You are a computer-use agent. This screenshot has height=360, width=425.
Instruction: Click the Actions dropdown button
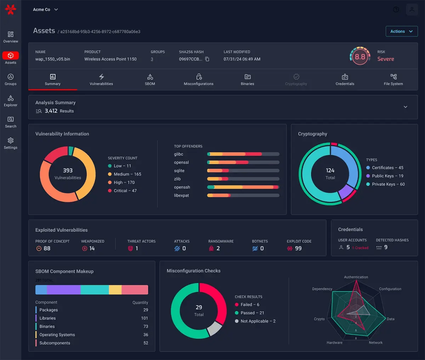tap(401, 32)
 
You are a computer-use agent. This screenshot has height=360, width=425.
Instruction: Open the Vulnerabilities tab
tap(101, 80)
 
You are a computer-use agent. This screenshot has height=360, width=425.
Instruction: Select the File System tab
tap(393, 80)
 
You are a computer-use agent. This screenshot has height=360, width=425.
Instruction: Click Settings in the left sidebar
tap(11, 143)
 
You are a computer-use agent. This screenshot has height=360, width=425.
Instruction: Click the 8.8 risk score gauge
tap(360, 57)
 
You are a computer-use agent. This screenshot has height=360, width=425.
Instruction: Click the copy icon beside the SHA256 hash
tap(207, 59)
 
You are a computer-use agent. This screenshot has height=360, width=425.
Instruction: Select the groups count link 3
tap(152, 59)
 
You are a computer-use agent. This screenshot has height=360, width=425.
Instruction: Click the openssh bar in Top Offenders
tap(243, 187)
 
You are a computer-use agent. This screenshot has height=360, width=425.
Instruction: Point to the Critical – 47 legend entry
tap(122, 191)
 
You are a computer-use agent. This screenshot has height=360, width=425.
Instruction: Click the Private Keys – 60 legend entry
tap(385, 184)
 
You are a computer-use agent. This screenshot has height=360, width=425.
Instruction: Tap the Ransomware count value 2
tap(218, 248)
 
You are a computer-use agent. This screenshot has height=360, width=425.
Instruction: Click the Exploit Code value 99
tap(298, 248)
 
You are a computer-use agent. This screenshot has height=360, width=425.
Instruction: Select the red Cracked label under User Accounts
tap(361, 248)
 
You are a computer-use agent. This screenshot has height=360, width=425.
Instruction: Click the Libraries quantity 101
tap(144, 318)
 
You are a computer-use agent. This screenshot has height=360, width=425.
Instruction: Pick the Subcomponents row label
tap(55, 343)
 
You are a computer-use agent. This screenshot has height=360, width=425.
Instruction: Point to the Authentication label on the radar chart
tap(356, 277)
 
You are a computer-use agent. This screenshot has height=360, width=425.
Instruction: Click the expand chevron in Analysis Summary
tap(406, 107)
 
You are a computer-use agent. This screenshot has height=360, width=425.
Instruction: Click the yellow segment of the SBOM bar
tap(115, 290)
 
